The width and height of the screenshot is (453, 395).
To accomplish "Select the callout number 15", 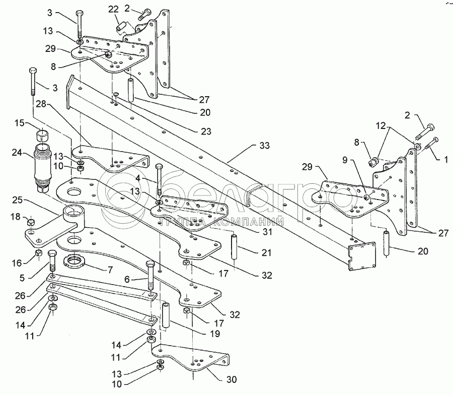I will coord(19,122).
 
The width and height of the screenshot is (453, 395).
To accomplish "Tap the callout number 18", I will coord(16,217).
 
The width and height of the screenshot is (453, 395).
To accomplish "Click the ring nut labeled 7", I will coord(75,261).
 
